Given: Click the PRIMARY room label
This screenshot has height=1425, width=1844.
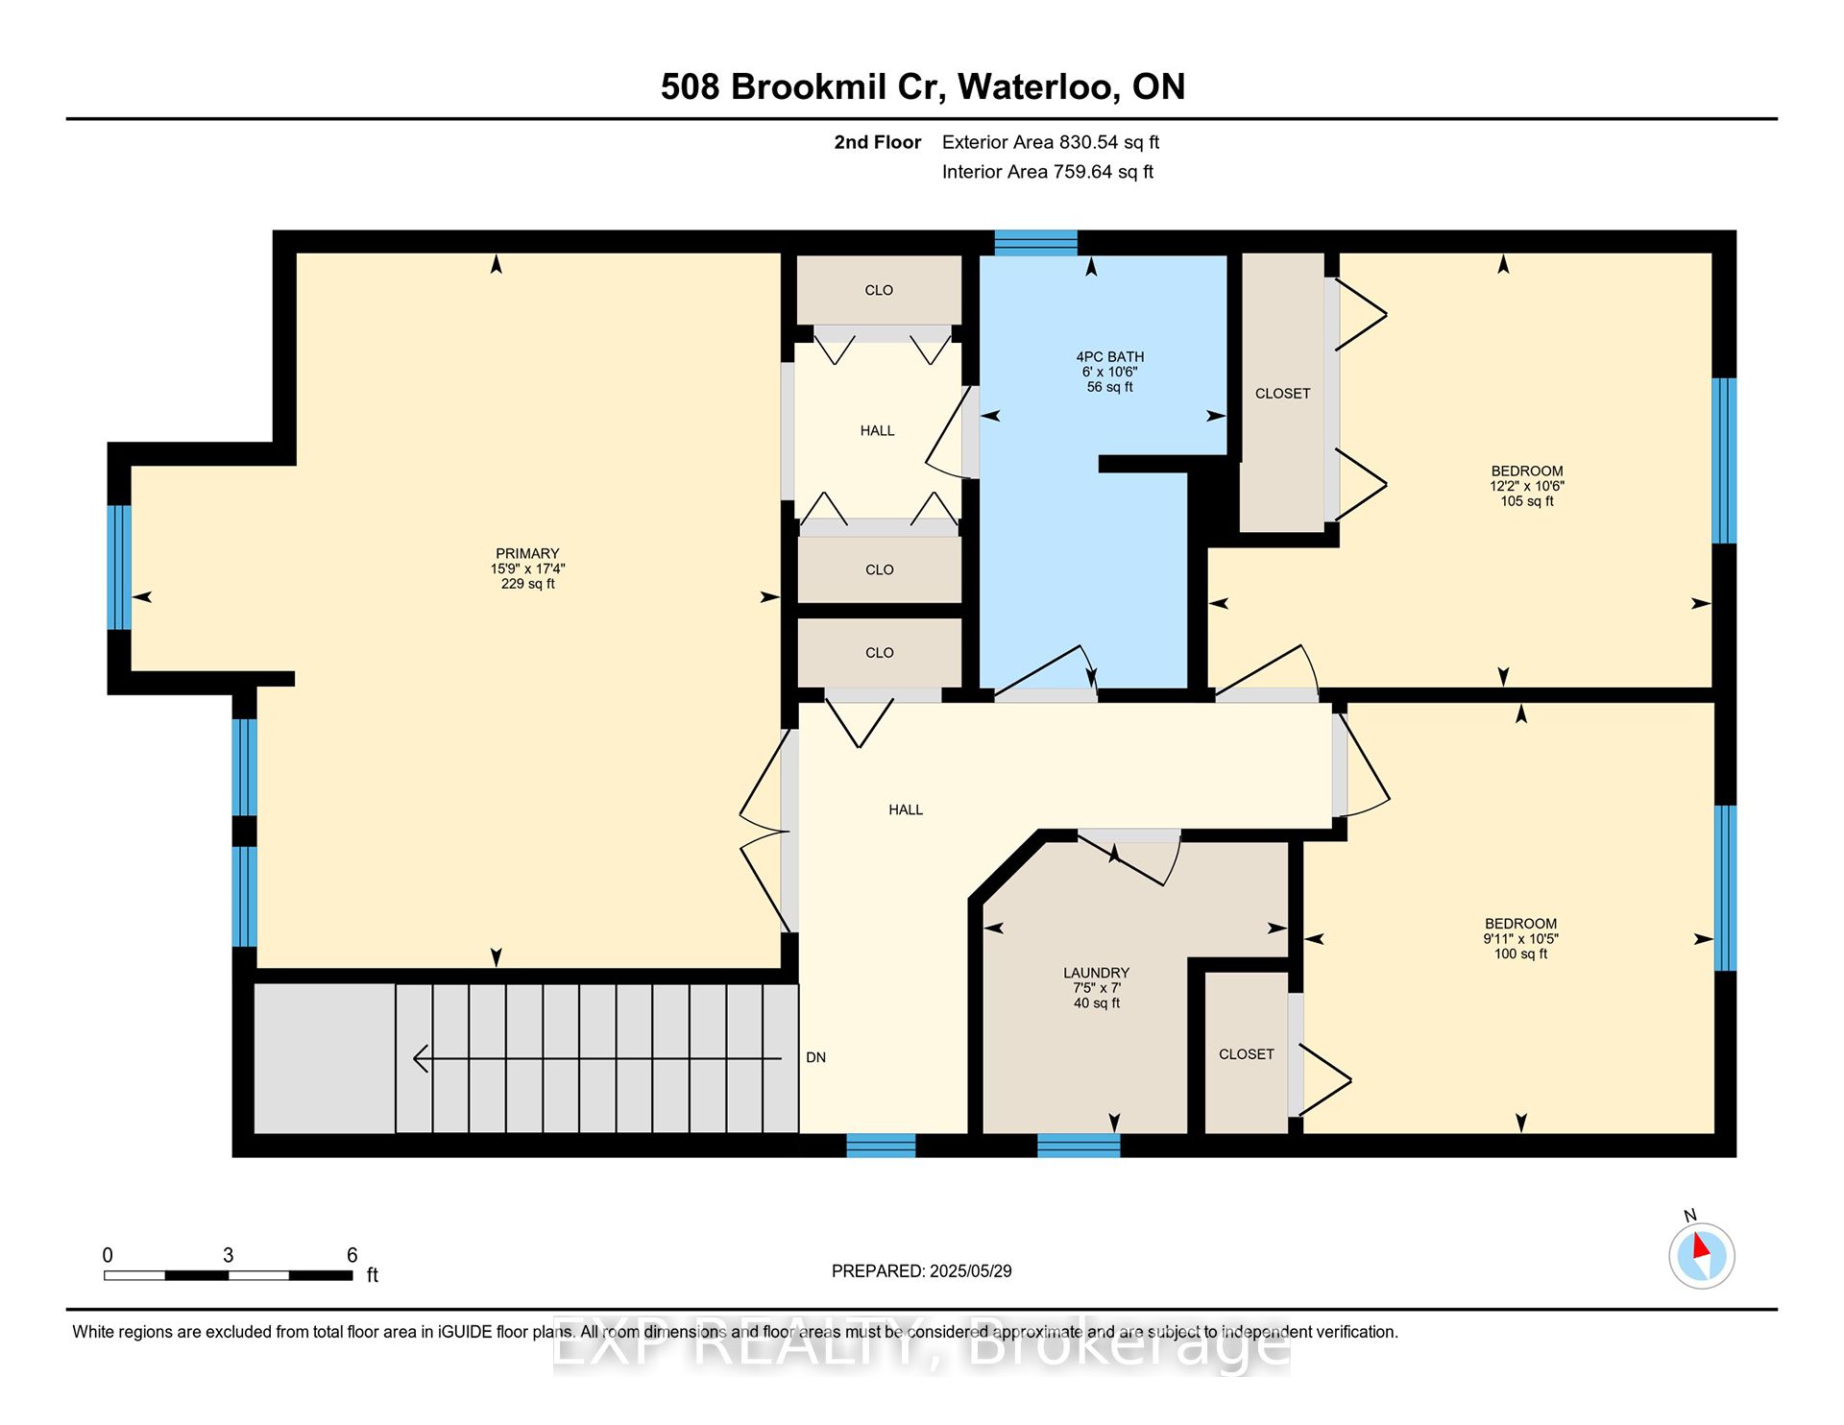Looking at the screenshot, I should [527, 554].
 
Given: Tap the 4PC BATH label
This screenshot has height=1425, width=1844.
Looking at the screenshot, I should [1109, 356].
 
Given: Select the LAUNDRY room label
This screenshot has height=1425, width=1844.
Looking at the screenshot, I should [1096, 973].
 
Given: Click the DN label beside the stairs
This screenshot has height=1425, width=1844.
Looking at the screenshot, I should [815, 1057].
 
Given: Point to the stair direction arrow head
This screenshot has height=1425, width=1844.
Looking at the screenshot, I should [419, 1058].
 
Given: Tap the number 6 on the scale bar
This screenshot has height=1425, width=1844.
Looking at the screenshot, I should [352, 1255].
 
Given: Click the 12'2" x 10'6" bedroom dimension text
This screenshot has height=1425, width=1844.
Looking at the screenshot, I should [1526, 486].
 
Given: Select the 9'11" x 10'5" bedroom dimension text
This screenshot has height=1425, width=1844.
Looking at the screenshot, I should [1520, 938].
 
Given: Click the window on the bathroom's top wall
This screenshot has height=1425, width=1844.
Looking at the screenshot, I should [1035, 242].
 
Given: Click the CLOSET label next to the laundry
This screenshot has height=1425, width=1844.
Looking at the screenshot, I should [1246, 1054].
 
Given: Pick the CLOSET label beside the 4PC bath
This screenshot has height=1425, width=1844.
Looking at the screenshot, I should [1282, 394].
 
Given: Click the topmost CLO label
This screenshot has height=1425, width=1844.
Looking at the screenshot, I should [879, 290].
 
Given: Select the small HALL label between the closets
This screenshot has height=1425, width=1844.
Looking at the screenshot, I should [877, 430].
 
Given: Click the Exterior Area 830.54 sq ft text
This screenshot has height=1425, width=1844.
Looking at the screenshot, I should [1050, 142].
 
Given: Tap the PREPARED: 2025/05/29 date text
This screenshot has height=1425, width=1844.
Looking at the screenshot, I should [921, 1270].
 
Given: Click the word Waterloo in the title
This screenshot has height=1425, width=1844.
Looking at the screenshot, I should [1038, 86].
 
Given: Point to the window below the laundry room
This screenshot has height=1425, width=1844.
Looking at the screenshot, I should [1079, 1145].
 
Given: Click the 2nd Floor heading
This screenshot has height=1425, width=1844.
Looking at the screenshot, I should [877, 142].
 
